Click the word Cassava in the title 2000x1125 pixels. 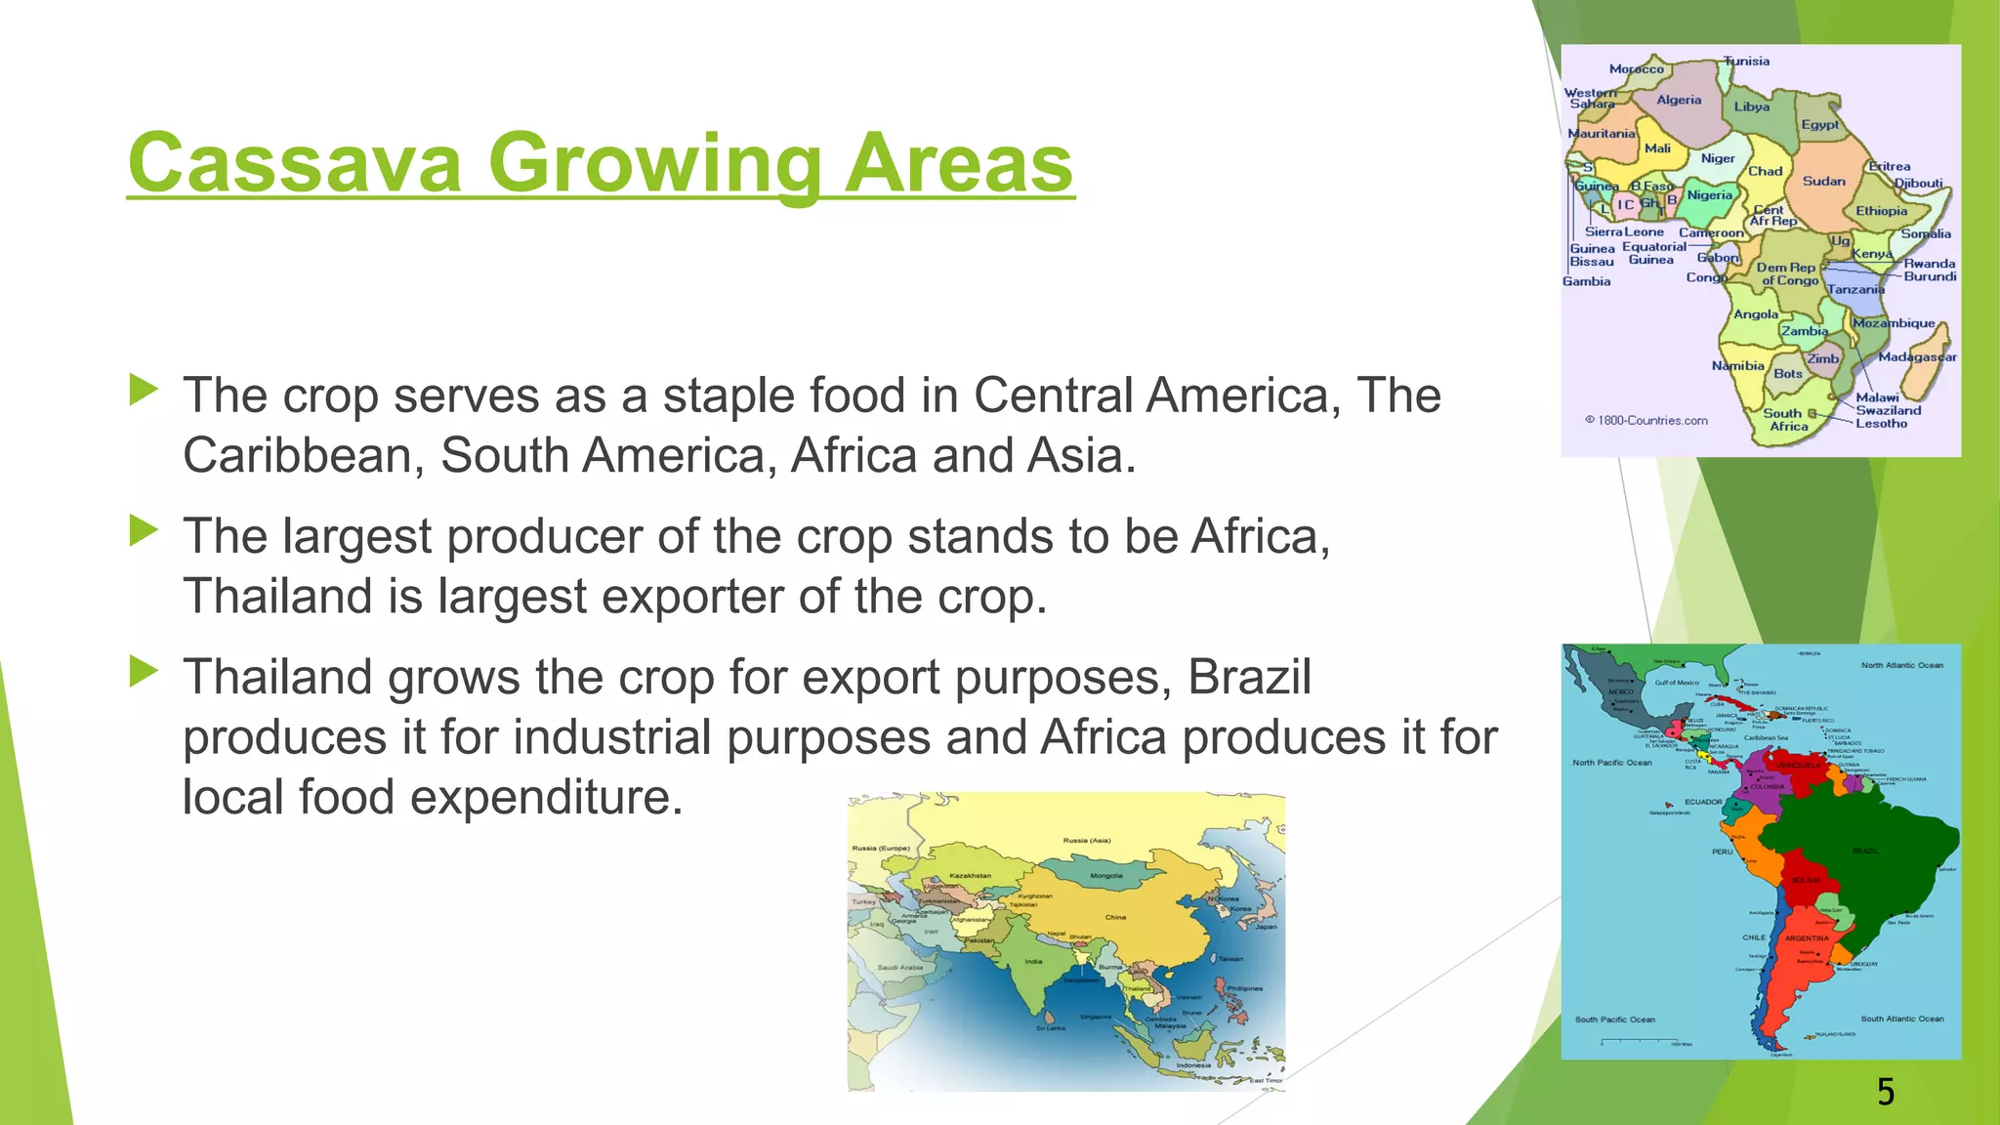pos(294,163)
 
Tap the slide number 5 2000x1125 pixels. pos(1886,1092)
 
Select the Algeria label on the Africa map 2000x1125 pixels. pos(1679,100)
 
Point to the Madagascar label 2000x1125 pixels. pos(1917,356)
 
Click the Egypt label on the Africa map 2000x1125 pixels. pos(1819,125)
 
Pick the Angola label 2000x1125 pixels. pos(1755,314)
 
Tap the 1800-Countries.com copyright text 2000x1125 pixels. pos(1646,421)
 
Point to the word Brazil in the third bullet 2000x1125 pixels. pos(1249,678)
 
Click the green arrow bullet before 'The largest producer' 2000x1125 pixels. pos(144,531)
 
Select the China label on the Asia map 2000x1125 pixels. pos(1115,917)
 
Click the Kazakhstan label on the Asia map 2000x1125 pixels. pos(971,876)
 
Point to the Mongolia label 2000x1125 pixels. pos(1105,876)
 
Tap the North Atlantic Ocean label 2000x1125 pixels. pos(1901,665)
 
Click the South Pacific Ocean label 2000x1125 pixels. pos(1614,1020)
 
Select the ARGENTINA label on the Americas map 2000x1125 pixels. pos(1807,938)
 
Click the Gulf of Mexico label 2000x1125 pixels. pos(1677,683)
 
